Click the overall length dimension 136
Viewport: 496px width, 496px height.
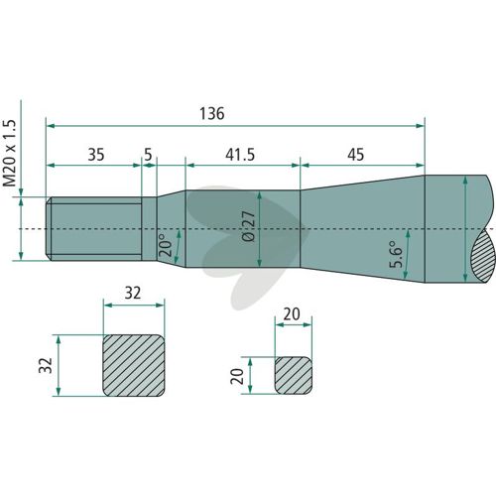coord(212,113)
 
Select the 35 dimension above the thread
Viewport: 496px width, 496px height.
coord(96,155)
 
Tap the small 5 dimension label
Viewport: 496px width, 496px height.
coord(148,155)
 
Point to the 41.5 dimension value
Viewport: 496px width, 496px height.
coord(240,155)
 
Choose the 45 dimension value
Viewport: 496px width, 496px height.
coord(356,155)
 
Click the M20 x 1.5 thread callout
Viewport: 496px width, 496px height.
coord(10,153)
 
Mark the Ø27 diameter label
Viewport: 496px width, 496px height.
coord(249,226)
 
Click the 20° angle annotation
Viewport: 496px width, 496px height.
coord(166,245)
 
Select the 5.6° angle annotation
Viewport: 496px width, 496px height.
coord(396,253)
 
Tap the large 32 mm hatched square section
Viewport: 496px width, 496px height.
coord(134,365)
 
